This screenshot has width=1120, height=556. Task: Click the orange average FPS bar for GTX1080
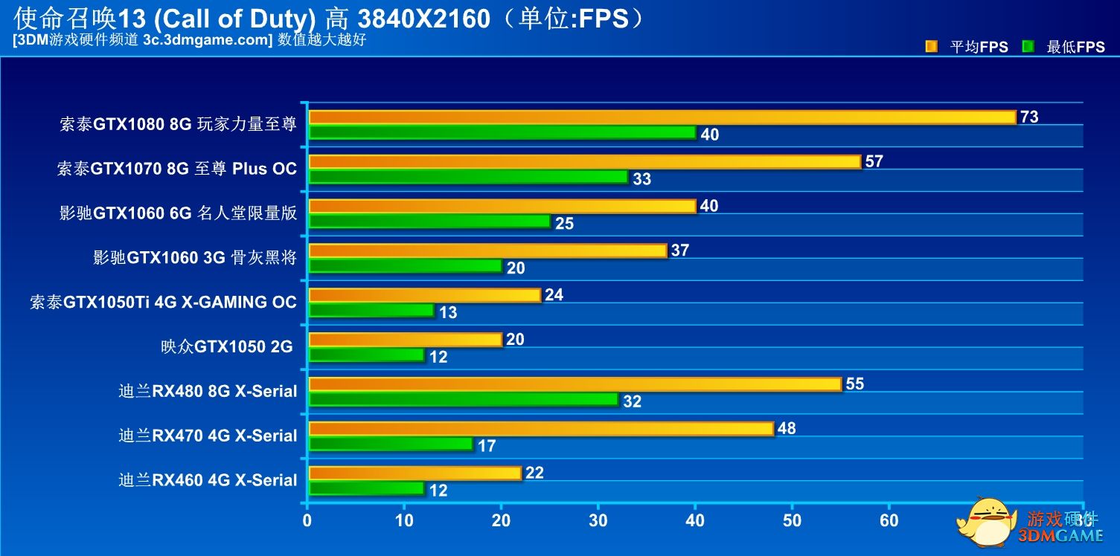point(662,117)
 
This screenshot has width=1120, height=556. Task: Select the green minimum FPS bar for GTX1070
point(469,178)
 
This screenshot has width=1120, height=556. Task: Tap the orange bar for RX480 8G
point(575,384)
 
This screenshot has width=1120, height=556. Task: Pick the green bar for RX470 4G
point(391,445)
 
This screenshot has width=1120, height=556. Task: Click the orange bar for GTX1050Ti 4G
point(424,295)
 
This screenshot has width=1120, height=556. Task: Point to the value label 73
point(1029,117)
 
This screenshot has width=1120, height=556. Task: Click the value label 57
point(874,161)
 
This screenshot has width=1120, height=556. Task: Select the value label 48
point(787,428)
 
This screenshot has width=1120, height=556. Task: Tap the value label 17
point(487,446)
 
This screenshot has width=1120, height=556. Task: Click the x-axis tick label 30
point(598,520)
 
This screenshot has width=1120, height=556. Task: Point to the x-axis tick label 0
point(307,520)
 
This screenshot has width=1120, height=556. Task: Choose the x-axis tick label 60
point(889,520)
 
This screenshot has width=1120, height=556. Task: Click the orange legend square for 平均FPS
point(931,47)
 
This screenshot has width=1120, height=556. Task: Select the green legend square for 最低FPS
point(1028,47)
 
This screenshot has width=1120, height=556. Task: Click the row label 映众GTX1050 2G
point(227,346)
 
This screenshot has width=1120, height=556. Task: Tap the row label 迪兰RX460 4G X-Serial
point(208,480)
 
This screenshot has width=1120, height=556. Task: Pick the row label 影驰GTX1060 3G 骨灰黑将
point(195,258)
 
